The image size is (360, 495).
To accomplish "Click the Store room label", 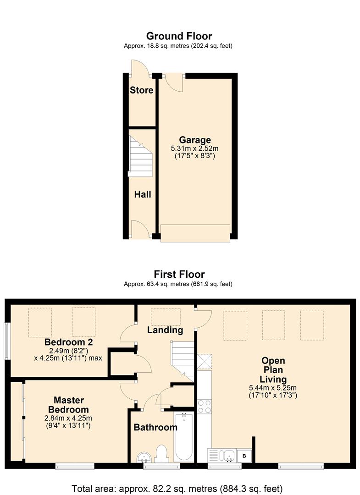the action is click(x=141, y=90).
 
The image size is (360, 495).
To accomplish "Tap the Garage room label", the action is click(x=195, y=140).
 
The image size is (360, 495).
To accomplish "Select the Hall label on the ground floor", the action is click(x=143, y=194).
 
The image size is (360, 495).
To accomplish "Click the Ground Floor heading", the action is click(x=179, y=36).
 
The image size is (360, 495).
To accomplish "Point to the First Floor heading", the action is click(x=179, y=274).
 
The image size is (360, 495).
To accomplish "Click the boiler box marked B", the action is click(x=244, y=456).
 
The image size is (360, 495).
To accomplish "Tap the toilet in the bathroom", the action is click(x=162, y=454).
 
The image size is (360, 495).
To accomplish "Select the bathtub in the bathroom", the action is click(x=183, y=437).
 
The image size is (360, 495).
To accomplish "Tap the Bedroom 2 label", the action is click(x=68, y=342).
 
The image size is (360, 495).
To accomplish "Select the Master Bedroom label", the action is click(x=68, y=405).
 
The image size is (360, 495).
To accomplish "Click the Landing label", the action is click(x=165, y=330).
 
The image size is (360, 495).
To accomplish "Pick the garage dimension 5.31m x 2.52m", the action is click(x=195, y=148).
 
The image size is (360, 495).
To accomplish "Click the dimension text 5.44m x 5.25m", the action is click(x=273, y=388).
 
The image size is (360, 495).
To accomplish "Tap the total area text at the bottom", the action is click(x=177, y=489).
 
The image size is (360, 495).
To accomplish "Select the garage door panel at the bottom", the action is click(x=195, y=233).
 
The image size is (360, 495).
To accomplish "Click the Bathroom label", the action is click(x=155, y=428).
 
